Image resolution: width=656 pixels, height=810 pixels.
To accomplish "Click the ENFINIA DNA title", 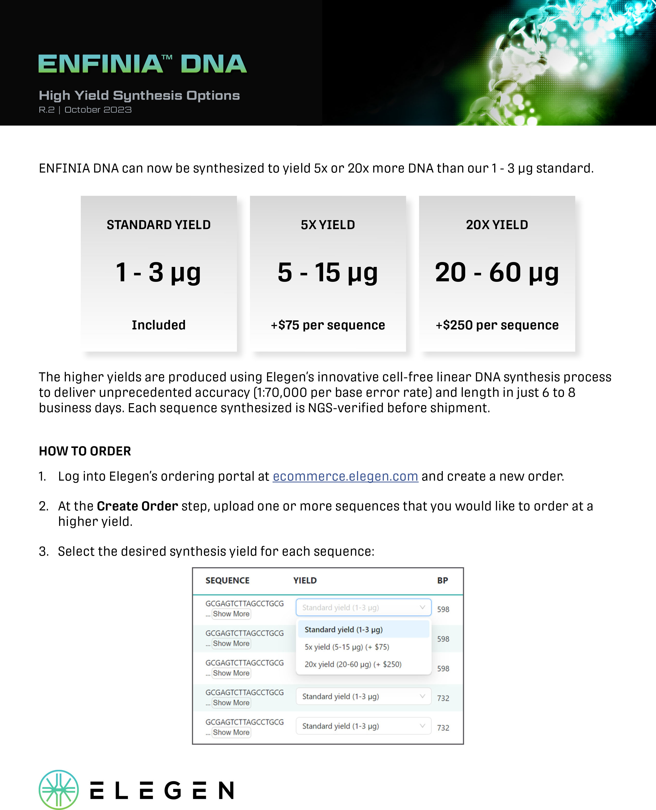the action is pyautogui.click(x=143, y=64).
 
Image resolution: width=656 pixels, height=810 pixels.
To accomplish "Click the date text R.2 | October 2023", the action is pyautogui.click(x=85, y=110).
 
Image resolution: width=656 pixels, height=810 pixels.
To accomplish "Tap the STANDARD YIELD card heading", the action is pyautogui.click(x=159, y=225).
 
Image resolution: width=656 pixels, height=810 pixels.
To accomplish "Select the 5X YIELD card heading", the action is pyautogui.click(x=328, y=225).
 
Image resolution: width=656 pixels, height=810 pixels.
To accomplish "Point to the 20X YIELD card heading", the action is pyautogui.click(x=497, y=225).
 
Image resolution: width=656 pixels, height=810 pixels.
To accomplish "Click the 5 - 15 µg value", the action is pyautogui.click(x=328, y=272).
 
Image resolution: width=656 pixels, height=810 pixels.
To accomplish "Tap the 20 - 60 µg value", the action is pyautogui.click(x=497, y=272).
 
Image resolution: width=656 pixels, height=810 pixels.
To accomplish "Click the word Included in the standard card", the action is pyautogui.click(x=159, y=325).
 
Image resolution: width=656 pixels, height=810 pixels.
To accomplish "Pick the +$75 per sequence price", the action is pyautogui.click(x=328, y=325).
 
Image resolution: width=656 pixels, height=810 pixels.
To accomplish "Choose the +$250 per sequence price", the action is pyautogui.click(x=497, y=325).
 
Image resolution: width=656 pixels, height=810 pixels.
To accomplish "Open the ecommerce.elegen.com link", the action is pyautogui.click(x=345, y=476).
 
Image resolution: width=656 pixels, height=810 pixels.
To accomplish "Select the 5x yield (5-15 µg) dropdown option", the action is pyautogui.click(x=347, y=647).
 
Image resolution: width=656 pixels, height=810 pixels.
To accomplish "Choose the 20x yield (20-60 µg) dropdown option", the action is pyautogui.click(x=353, y=664).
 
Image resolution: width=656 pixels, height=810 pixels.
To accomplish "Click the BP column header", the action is pyautogui.click(x=442, y=580).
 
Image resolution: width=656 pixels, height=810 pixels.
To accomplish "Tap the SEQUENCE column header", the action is pyautogui.click(x=227, y=580).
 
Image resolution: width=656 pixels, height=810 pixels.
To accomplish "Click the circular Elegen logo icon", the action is pyautogui.click(x=59, y=790).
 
